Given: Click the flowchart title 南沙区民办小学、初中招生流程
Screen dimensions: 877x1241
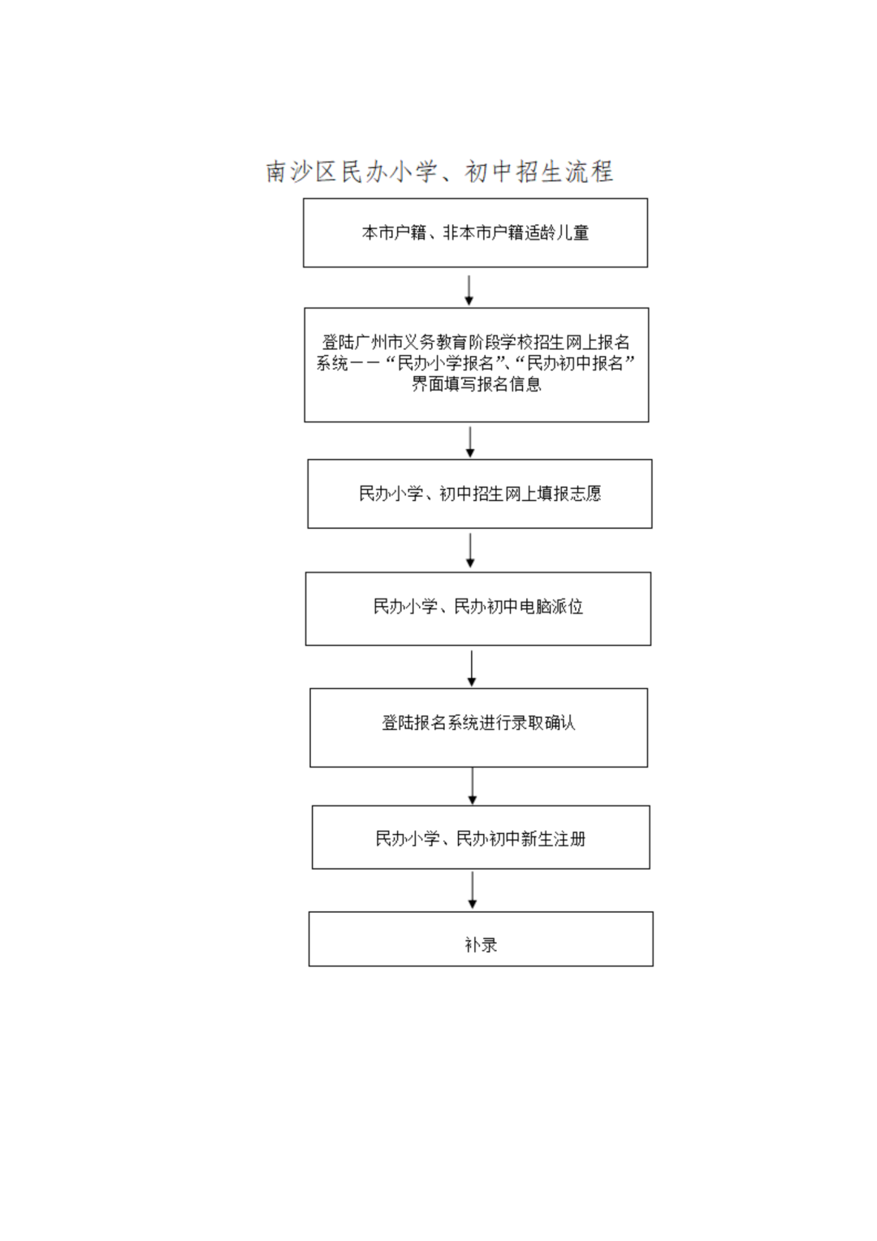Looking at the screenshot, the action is (439, 171).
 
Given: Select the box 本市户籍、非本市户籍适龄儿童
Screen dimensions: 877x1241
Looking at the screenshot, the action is (475, 232).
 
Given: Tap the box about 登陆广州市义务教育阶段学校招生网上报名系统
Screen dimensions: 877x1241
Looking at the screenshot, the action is (477, 365).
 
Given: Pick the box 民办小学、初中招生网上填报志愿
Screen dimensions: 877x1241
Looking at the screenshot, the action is (480, 494).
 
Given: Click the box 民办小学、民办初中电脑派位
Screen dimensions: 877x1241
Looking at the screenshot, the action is (478, 609).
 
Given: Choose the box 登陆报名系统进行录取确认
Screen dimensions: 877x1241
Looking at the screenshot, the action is (478, 728).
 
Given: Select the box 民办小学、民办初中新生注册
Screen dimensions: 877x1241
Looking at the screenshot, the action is (481, 837).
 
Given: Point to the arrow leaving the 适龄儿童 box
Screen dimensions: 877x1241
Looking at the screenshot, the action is (469, 290).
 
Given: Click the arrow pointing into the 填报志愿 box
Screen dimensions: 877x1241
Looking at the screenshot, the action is (470, 442).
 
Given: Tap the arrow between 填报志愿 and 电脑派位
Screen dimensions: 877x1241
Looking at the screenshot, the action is (470, 551).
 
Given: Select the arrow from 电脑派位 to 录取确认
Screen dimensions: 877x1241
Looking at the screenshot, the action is (472, 668).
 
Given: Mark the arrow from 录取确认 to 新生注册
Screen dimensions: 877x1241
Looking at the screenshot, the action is (472, 786).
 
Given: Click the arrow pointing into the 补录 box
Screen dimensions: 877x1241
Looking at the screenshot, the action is (472, 890).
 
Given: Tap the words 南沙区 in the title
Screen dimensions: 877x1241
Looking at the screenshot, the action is (301, 171).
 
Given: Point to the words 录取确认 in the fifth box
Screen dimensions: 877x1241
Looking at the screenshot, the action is (543, 723).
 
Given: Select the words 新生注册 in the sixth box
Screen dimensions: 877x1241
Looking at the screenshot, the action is (554, 839).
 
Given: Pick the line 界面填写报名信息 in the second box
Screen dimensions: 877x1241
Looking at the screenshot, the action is (477, 384).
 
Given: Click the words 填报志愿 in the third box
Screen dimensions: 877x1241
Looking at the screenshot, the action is (569, 493).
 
